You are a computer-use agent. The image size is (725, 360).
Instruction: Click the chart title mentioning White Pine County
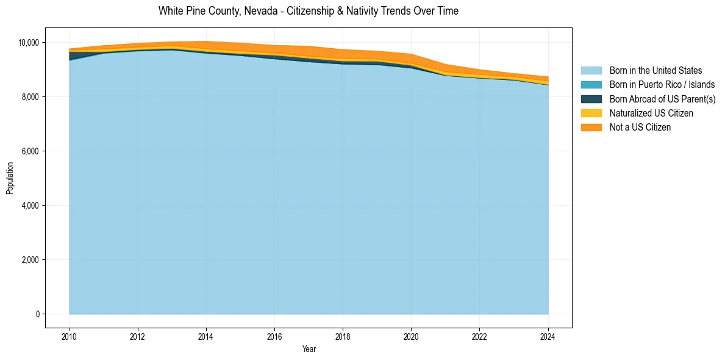point(308,11)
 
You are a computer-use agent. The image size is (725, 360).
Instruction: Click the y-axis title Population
point(10,178)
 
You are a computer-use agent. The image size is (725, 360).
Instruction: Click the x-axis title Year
point(309,349)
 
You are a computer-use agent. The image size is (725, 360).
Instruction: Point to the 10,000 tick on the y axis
point(28,43)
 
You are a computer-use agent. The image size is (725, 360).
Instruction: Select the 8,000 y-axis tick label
point(30,97)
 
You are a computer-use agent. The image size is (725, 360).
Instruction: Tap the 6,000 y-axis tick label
point(30,151)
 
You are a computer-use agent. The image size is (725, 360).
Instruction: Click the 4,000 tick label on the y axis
point(30,206)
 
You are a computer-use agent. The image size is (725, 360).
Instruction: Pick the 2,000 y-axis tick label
point(30,260)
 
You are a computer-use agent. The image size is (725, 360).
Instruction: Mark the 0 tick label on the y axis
point(37,314)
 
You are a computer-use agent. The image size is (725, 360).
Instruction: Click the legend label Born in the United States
point(655,71)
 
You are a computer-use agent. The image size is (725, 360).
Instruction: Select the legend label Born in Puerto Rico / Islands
point(662,85)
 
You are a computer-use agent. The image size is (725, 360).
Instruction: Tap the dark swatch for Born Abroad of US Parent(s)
point(591,99)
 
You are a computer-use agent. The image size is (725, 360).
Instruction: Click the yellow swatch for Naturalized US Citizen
point(591,113)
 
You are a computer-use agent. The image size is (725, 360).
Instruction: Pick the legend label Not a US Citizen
point(640,127)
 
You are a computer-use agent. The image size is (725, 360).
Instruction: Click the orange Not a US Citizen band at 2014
point(206,45)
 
